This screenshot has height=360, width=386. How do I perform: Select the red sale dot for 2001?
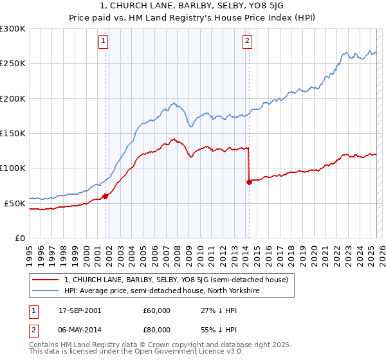coord(105,197)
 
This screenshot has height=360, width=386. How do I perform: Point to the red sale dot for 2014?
coord(249,182)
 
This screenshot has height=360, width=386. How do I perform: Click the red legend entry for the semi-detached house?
coord(179,280)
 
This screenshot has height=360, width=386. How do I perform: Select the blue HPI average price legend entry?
coord(161,291)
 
